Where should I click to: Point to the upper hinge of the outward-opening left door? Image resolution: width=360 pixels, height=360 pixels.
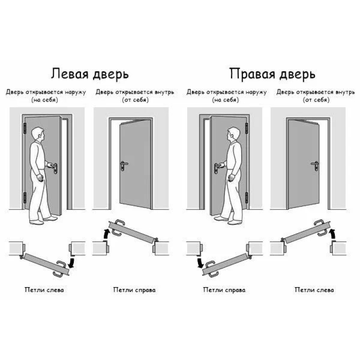pyautogui.click(x=25, y=128)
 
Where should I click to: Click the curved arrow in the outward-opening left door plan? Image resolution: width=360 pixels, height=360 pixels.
pyautogui.click(x=72, y=261)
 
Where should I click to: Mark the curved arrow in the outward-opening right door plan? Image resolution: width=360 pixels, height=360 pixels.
pyautogui.click(x=199, y=262)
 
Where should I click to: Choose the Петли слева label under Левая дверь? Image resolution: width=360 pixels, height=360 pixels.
pyautogui.click(x=44, y=290)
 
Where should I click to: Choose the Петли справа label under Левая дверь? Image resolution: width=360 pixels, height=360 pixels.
pyautogui.click(x=134, y=290)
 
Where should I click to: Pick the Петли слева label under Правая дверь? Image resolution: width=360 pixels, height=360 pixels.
pyautogui.click(x=315, y=290)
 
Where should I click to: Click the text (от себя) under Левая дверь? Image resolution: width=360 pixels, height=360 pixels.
pyautogui.click(x=134, y=100)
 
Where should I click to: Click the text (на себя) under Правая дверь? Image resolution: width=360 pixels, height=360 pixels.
pyautogui.click(x=226, y=100)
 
